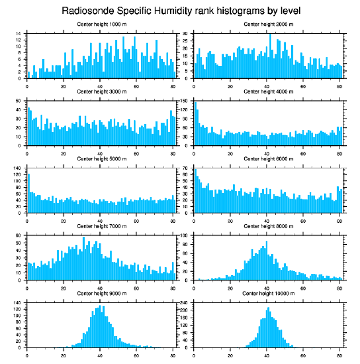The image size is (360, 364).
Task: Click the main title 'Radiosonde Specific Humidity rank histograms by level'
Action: pos(180,10)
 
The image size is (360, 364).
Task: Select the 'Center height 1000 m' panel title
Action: pos(101,24)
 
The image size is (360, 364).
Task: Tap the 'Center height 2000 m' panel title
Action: pos(268,24)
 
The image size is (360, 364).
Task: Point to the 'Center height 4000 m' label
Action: pos(268,92)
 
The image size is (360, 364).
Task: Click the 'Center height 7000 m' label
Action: pos(101,226)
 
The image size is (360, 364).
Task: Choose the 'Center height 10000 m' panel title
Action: pos(268,293)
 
